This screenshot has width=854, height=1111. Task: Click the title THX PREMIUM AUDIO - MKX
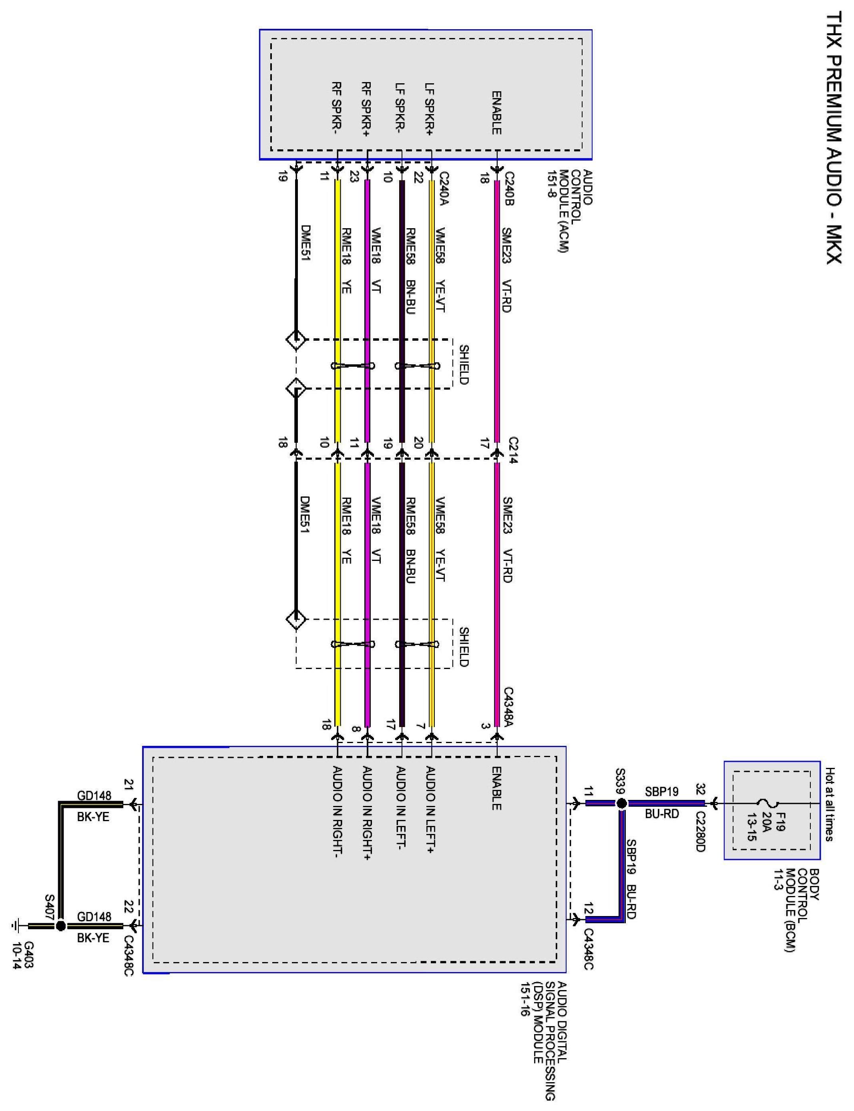833,138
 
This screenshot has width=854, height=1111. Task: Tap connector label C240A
444,189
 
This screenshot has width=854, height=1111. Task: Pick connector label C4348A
509,709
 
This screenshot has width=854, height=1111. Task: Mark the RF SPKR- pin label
337,108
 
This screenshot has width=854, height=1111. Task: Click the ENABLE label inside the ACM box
496,113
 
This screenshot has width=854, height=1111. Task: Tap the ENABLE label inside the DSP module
496,788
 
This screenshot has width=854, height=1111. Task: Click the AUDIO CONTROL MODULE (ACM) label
569,211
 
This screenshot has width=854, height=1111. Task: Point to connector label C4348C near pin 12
588,949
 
